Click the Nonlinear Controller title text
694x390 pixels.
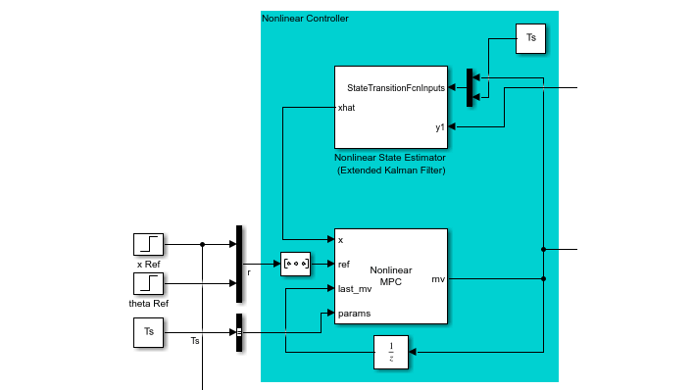pyautogui.click(x=305, y=19)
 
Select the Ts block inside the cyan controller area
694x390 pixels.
pyautogui.click(x=531, y=38)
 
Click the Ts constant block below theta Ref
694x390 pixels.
pyautogui.click(x=149, y=332)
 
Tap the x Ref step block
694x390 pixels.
pyautogui.click(x=149, y=245)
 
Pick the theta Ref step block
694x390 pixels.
pyautogui.click(x=149, y=284)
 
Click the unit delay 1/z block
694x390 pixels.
pyautogui.click(x=390, y=352)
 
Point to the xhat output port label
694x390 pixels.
pyautogui.click(x=346, y=107)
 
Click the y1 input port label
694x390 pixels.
pyautogui.click(x=440, y=126)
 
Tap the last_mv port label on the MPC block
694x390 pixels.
pyautogui.click(x=354, y=288)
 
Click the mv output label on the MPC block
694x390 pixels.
pyautogui.click(x=437, y=279)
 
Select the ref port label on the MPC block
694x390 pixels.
pyautogui.click(x=344, y=264)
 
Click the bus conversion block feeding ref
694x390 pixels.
pyautogui.click(x=296, y=264)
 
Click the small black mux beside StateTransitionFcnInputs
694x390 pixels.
pyautogui.click(x=470, y=85)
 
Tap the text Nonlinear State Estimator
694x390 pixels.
pyautogui.click(x=390, y=157)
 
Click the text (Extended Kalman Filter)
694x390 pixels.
pyautogui.click(x=390, y=171)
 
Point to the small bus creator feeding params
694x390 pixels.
pyautogui.click(x=238, y=332)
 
